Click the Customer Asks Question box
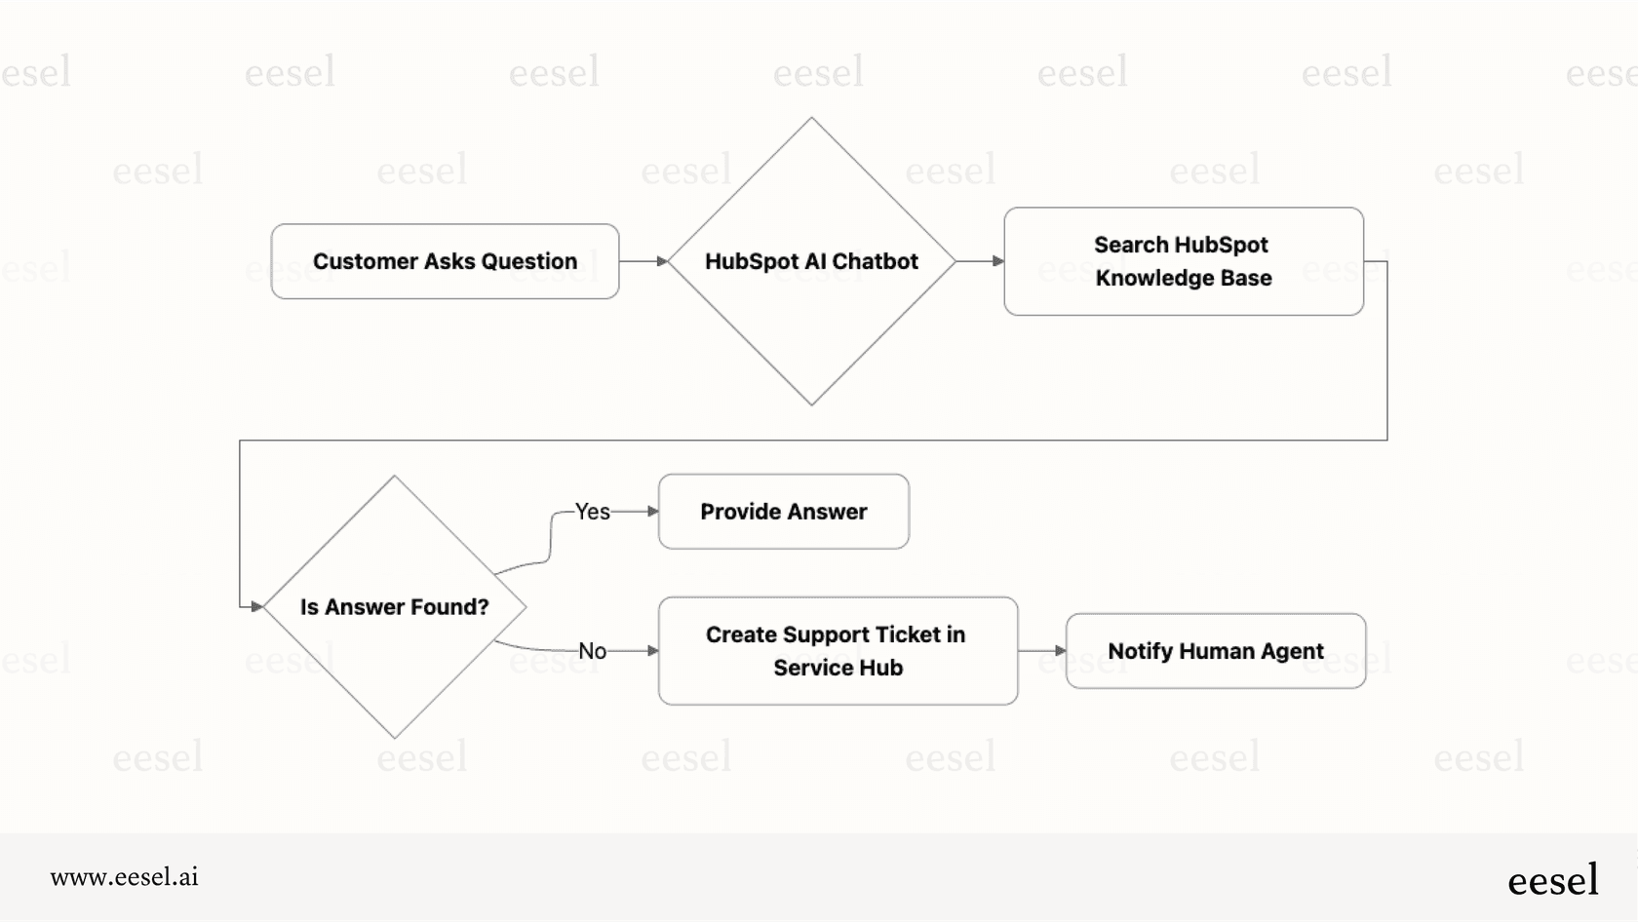(445, 261)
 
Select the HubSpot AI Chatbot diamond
(811, 322)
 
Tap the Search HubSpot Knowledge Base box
(1183, 261)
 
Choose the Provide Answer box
(784, 512)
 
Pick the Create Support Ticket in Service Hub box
(838, 651)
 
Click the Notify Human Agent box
(1215, 651)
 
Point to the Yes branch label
(592, 512)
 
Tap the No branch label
(592, 651)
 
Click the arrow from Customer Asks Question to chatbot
(643, 261)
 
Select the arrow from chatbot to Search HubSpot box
(979, 261)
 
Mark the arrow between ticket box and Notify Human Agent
(1041, 650)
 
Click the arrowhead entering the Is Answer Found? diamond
(257, 606)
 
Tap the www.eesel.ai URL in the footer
(124, 877)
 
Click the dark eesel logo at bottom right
(1552, 880)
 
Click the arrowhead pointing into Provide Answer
(653, 511)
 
